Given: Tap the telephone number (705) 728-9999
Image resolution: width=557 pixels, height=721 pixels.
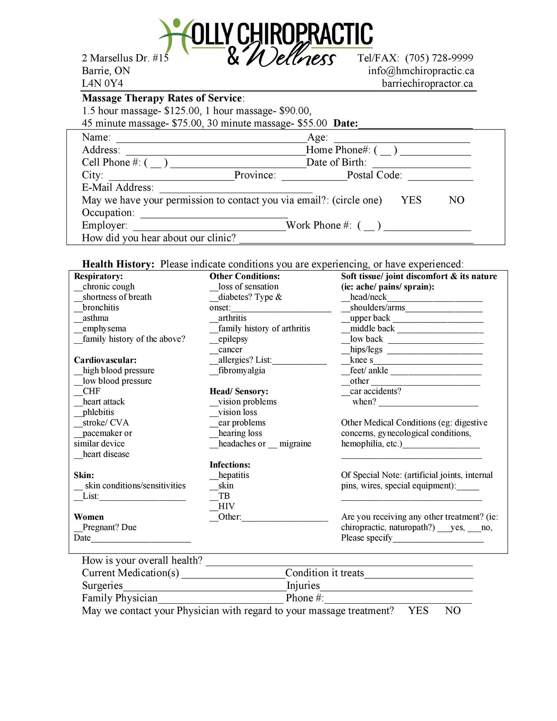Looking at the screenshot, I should coord(439,58).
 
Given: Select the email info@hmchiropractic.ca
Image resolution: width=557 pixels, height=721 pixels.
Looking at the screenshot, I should coord(421,71).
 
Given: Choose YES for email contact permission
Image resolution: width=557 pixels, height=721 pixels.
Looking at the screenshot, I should coord(411,200).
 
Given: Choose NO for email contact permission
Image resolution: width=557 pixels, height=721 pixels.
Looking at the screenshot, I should coord(456,200).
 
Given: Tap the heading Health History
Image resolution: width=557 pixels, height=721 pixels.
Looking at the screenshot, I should coord(118,264).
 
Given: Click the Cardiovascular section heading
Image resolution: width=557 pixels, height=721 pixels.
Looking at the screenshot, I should coord(105,360).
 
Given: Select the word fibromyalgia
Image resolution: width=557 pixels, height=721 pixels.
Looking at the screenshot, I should coord(242,370).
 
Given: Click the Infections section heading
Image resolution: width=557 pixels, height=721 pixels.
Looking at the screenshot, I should coord(230,465).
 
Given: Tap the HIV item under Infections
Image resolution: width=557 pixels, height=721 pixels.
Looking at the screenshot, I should coord(226,506).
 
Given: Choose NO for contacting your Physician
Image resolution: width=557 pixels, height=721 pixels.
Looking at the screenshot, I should coord(453,611).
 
